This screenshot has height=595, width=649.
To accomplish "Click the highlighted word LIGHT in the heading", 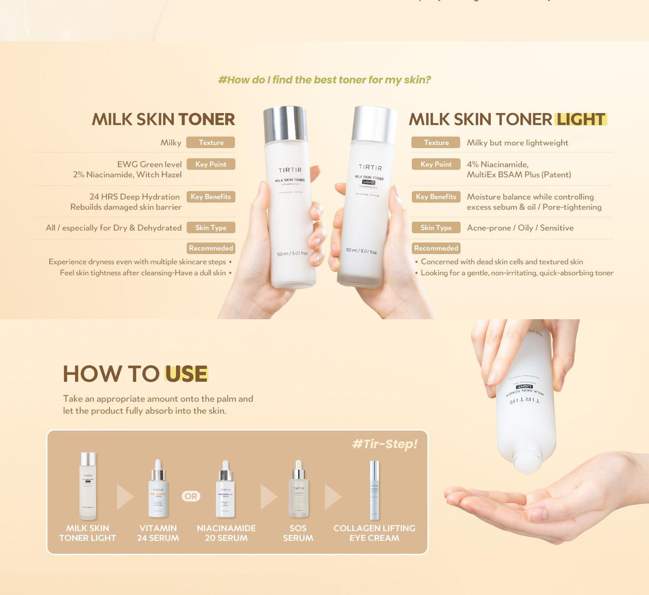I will [x=581, y=119].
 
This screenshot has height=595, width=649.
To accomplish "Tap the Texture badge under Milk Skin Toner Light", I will [x=436, y=142].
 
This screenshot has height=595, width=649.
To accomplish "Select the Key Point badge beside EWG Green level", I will [x=211, y=164].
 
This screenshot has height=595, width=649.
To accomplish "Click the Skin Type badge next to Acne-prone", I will [x=436, y=228].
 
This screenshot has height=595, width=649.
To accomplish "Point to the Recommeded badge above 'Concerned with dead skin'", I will [x=436, y=248].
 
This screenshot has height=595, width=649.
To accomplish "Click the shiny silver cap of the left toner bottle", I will [x=285, y=124].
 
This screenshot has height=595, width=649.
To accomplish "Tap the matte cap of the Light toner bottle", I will [x=374, y=124].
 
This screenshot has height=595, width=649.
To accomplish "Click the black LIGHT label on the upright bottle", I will [x=369, y=182].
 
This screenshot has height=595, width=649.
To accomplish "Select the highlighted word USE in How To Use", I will [x=186, y=374].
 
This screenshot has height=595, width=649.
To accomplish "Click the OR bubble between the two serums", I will [x=191, y=496].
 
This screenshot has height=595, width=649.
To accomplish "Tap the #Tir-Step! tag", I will [x=384, y=444].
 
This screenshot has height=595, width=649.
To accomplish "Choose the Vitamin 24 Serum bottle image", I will [x=158, y=489].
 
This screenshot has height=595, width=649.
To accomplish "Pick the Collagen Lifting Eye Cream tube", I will [x=374, y=489].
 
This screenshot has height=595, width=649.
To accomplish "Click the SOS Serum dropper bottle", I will [x=298, y=489].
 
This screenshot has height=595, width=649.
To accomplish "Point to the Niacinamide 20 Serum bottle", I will [x=225, y=489].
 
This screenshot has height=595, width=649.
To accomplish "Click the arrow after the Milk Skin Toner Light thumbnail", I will [x=124, y=497].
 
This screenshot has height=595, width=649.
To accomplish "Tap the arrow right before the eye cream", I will [x=332, y=497].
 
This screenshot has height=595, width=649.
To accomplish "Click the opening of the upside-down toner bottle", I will [x=527, y=463].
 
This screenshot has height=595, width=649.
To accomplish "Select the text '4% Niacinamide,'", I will [x=497, y=164].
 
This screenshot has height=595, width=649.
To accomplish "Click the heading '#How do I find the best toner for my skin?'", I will [x=324, y=80].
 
